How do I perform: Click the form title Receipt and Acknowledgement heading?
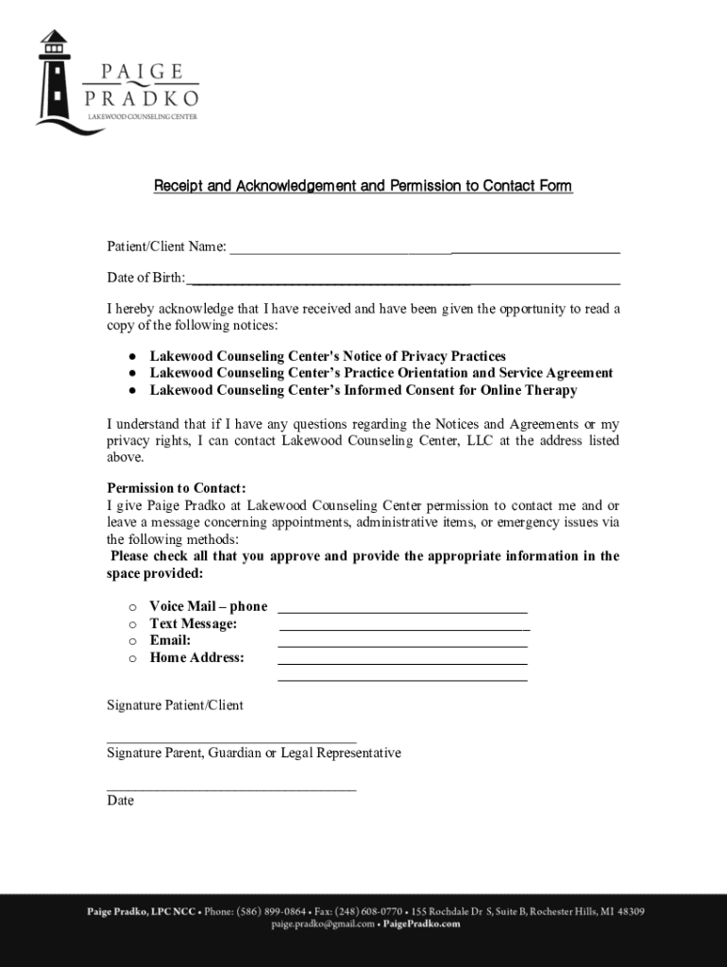click(363, 186)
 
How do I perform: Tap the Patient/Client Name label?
click(166, 247)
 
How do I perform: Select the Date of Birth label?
click(145, 279)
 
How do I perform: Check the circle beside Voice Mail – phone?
click(133, 607)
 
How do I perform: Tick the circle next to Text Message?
click(133, 624)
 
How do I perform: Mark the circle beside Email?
click(133, 641)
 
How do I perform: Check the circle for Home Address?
click(133, 658)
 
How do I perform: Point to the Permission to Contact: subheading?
click(177, 488)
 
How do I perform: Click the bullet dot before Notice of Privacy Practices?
click(133, 357)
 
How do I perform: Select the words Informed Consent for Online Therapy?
click(487, 390)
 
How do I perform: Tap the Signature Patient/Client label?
click(175, 705)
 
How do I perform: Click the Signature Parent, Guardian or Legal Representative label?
click(254, 753)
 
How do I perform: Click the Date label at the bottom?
click(120, 801)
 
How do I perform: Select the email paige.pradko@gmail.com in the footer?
click(323, 925)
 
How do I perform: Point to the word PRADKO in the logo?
click(142, 98)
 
